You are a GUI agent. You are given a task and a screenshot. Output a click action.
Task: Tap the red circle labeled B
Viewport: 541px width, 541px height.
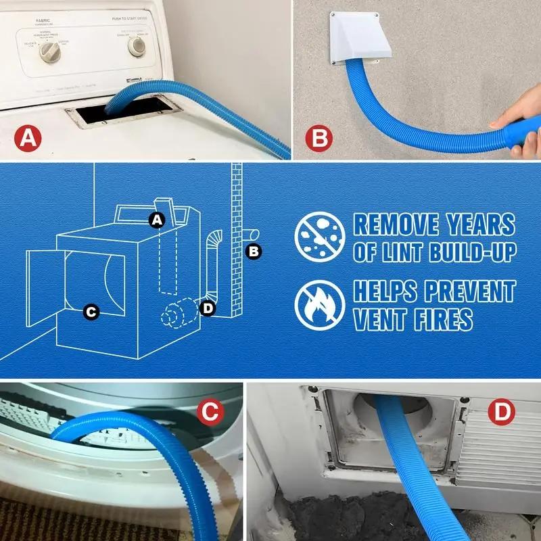coord(318,139)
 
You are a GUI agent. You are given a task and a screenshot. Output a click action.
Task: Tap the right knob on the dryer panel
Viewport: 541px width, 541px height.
coord(137,46)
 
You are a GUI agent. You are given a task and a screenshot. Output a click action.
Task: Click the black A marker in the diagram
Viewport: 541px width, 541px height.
coord(157,219)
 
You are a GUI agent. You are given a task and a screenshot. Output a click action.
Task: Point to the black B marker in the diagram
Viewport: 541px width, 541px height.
coord(254,252)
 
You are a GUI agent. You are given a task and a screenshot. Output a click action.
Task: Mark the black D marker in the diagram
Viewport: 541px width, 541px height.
coord(208,308)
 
